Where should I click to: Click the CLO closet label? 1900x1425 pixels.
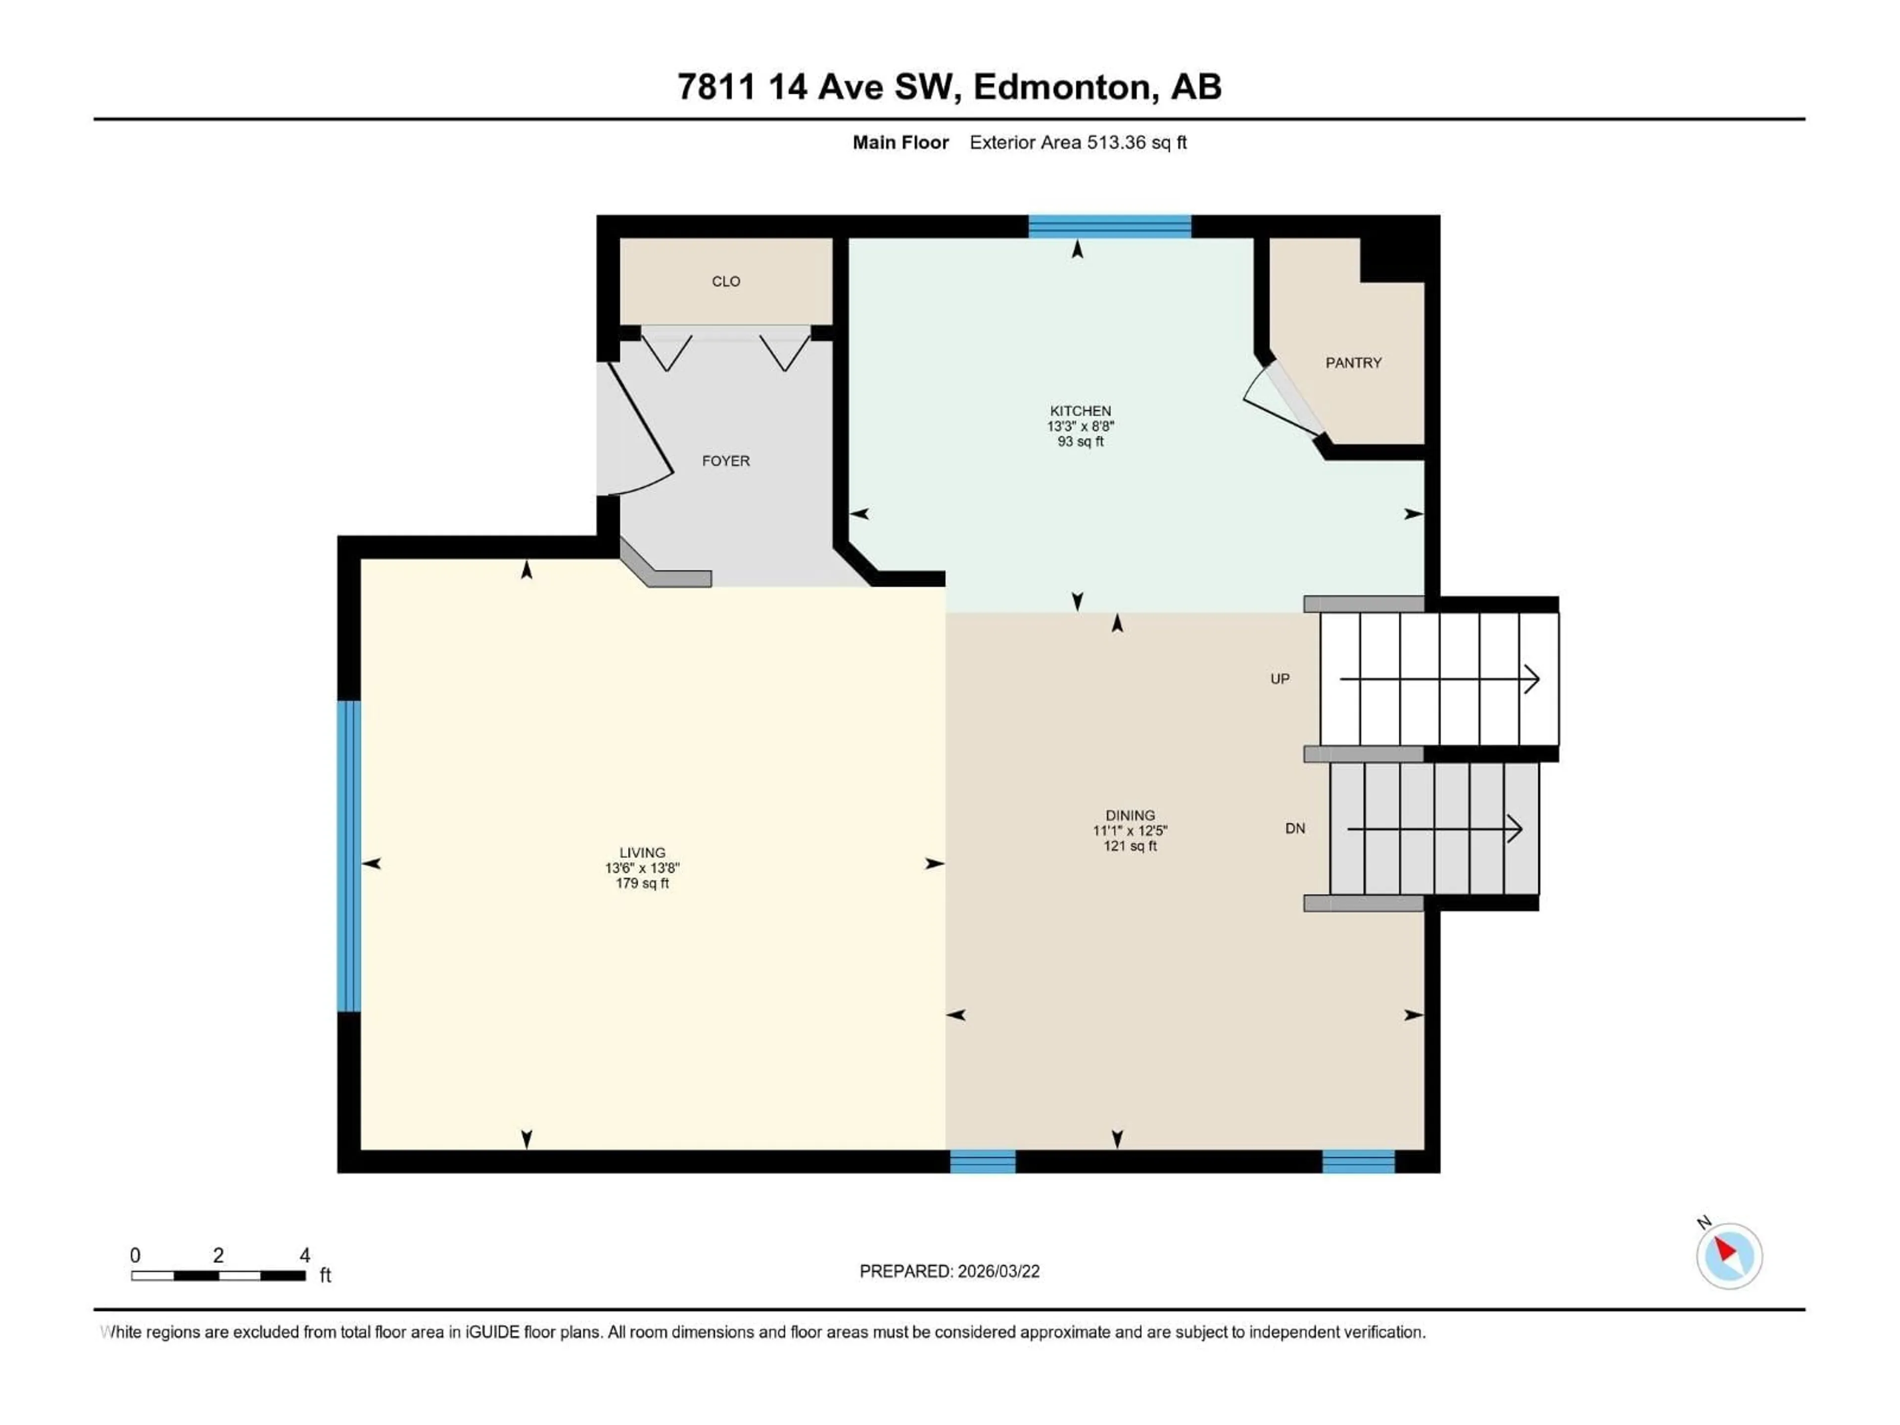pyautogui.click(x=726, y=282)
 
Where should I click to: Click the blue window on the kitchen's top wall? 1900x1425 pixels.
pyautogui.click(x=1110, y=227)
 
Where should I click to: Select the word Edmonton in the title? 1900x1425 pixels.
pyautogui.click(x=1062, y=87)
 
